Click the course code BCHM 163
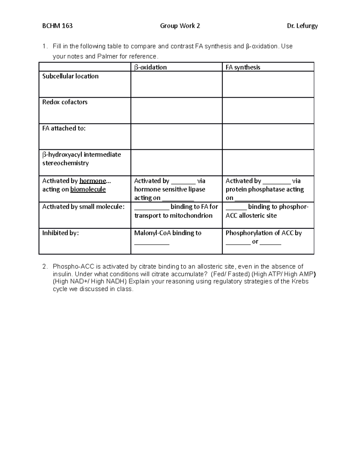click(57, 26)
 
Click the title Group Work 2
click(180, 26)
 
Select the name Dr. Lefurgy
click(302, 26)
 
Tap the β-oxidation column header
click(150, 67)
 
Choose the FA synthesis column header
click(243, 67)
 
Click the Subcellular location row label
click(70, 76)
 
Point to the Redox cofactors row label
click(65, 102)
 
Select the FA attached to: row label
click(64, 128)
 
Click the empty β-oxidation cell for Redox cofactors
click(176, 110)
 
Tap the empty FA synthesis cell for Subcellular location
click(268, 84)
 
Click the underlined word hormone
click(93, 181)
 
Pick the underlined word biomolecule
click(88, 189)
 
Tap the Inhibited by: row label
click(60, 233)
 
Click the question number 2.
click(44, 266)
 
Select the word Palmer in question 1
click(107, 56)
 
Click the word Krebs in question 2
click(300, 281)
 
